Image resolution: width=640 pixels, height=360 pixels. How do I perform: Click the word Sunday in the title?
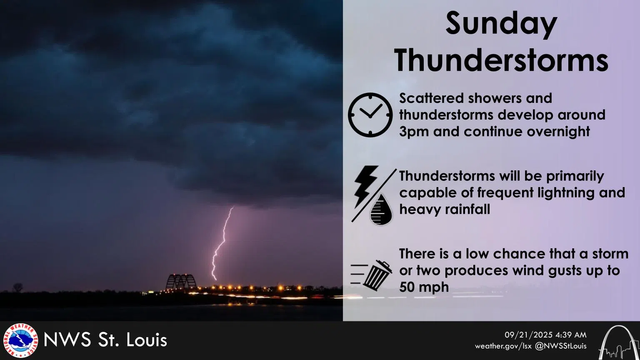[501, 24]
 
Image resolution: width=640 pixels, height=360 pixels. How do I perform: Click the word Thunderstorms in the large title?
[501, 60]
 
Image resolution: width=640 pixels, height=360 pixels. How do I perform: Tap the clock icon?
[370, 115]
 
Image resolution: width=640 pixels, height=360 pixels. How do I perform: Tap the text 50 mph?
[424, 287]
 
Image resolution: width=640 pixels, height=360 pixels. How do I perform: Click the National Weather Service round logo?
[20, 340]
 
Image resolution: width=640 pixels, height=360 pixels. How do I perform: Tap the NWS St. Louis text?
[105, 340]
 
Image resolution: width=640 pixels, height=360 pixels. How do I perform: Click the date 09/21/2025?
[528, 335]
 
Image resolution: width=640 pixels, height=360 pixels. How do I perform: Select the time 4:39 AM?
[571, 335]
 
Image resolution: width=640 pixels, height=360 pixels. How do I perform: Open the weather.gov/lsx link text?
[503, 346]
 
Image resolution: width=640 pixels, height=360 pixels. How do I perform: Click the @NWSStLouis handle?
[561, 346]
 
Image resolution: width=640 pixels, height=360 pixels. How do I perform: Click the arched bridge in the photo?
[181, 282]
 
